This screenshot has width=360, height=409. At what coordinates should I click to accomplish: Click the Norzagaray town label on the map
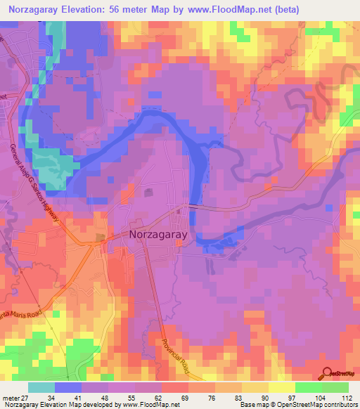coord(161,237)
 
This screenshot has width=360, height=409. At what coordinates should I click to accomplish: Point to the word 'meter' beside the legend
coord(11,398)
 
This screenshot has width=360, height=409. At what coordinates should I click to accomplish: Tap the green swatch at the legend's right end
coord(335,387)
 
